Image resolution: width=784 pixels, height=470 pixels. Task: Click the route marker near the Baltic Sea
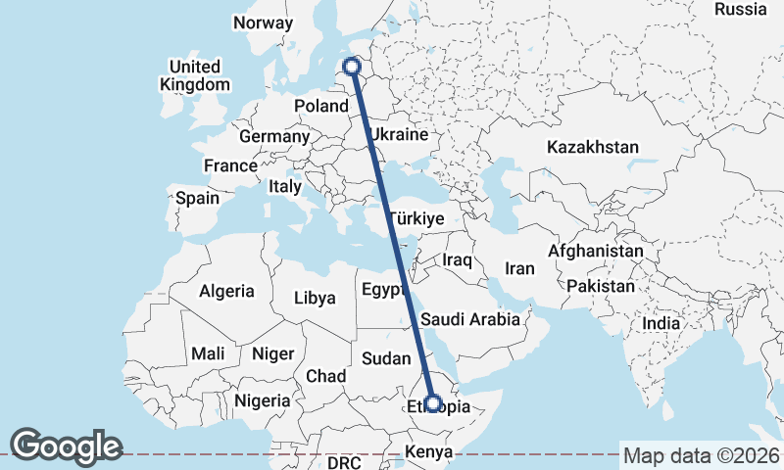point(353,68)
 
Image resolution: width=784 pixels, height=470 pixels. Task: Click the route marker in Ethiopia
point(433,403)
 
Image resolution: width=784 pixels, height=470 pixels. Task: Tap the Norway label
point(264,23)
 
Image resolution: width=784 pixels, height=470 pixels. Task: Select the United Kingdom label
point(194,75)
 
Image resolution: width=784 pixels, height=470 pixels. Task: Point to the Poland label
point(321,106)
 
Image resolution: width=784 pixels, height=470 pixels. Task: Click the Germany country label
point(273,137)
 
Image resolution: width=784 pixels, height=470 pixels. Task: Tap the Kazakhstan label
point(593,148)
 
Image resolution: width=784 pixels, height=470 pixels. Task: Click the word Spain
point(197,198)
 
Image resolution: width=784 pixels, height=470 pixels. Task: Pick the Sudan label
point(386,359)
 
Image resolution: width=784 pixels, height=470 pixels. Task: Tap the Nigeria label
point(262,400)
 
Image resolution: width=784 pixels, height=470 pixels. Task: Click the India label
point(661,324)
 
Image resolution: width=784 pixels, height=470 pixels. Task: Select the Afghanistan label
point(596,252)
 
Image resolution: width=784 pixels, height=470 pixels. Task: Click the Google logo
point(66,446)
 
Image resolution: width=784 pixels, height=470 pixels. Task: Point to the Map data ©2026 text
point(701,455)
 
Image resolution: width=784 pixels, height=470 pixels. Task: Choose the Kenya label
point(429,452)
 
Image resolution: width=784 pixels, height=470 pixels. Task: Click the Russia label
point(740,10)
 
